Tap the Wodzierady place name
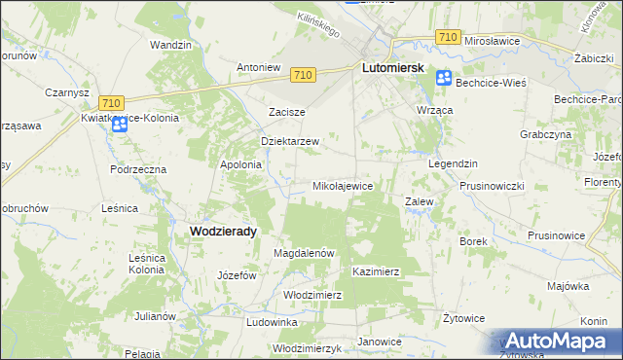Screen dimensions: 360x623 223,231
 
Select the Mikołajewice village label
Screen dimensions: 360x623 343,185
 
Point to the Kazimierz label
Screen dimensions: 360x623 377,271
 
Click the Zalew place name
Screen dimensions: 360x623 419,201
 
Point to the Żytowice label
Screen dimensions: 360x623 463,317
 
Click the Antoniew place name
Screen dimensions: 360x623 259,67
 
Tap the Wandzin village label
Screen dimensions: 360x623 169,45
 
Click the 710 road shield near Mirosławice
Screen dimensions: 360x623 448,36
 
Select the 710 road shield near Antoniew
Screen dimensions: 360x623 303,75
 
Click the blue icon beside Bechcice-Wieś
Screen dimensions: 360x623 444,79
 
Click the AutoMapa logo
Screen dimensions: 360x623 557,341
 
